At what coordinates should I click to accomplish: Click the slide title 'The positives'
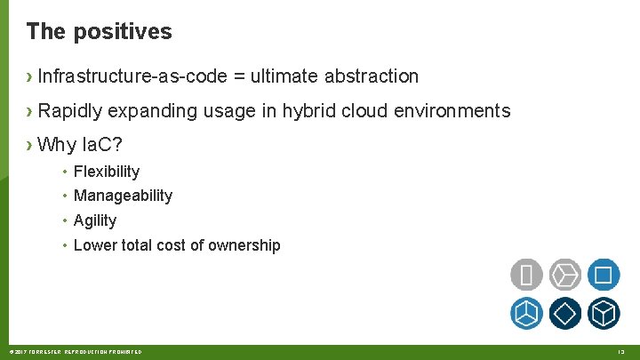coord(99,32)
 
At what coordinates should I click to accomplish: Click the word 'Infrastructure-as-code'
coord(132,76)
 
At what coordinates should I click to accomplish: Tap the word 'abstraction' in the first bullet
coord(371,76)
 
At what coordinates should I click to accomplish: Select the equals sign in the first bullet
coord(239,76)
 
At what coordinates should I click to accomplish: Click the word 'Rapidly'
coord(69,111)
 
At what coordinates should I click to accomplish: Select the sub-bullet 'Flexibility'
coord(107,172)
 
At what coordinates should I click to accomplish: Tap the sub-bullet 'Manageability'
coord(123,196)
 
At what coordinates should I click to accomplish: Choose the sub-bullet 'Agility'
coord(95,220)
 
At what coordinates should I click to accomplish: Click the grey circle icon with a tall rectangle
coord(526,275)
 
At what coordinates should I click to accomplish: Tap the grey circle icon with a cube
coord(565,275)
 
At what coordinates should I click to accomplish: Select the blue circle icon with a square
coord(604,275)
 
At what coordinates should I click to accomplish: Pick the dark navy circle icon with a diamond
coord(565,313)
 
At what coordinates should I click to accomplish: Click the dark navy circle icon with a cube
coord(604,313)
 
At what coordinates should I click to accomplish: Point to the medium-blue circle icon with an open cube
coord(526,313)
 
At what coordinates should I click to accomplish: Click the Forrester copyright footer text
coord(74,353)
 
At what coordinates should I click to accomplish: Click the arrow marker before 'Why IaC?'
coord(30,144)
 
